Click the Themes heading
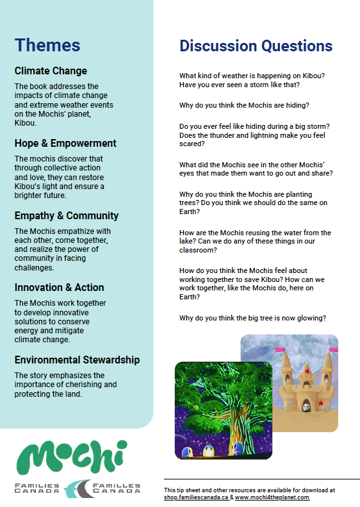click(47, 45)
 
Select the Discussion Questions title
click(256, 46)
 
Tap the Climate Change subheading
click(51, 71)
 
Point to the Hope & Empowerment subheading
click(65, 143)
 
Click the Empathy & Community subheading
click(67, 215)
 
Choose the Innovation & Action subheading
click(60, 287)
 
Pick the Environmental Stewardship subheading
click(77, 360)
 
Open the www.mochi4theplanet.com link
click(272, 497)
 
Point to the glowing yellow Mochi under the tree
click(208, 451)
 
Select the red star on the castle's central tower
click(308, 371)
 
